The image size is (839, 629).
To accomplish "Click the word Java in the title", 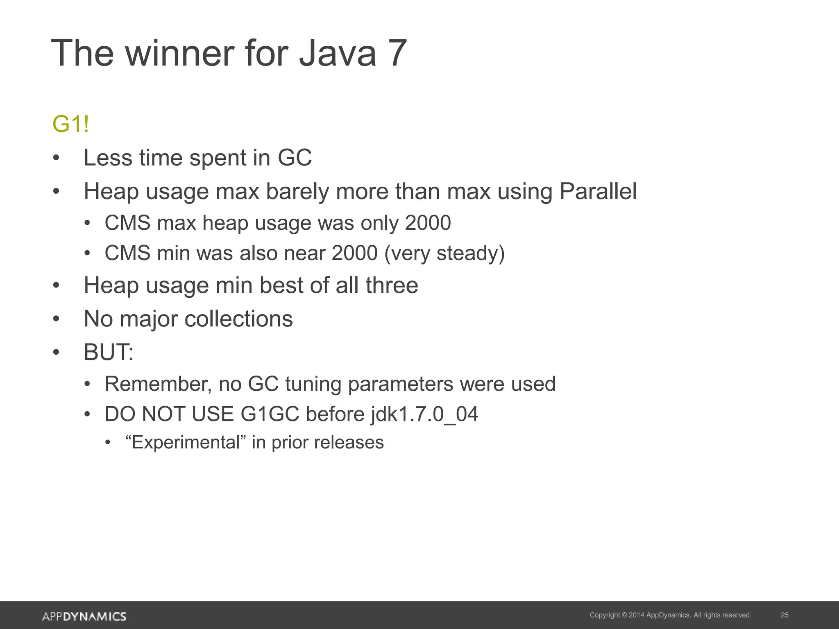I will (x=337, y=53).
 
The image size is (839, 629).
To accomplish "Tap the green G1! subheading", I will (x=70, y=124).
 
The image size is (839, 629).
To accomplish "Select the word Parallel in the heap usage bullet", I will (x=598, y=191).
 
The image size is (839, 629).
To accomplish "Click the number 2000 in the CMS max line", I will (x=428, y=223).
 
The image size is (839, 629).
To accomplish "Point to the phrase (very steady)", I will (x=444, y=253).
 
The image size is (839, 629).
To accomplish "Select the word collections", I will (x=239, y=319).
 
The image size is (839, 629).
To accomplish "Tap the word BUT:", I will (x=109, y=352).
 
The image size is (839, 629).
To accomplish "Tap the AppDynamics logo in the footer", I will (x=84, y=616).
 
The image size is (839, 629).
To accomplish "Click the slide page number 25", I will (x=785, y=615).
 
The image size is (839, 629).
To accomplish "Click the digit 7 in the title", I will (x=395, y=53).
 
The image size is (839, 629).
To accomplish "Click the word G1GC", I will (x=270, y=414).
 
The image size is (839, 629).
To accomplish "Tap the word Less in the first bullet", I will (x=108, y=158).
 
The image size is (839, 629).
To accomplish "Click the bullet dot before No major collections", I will (x=56, y=319).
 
